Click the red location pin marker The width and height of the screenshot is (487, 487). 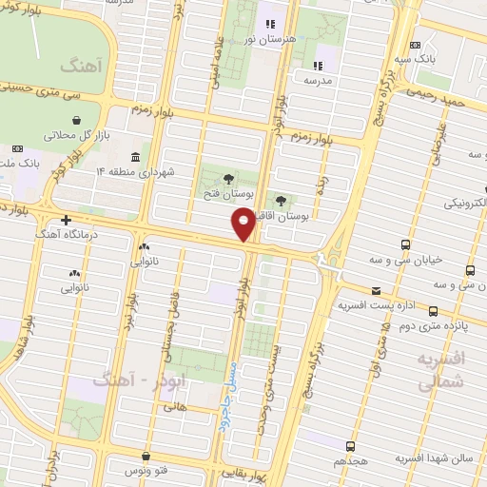click(243, 224)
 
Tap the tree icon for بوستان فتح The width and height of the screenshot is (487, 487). click(227, 178)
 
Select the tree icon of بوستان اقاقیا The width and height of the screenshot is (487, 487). click(282, 200)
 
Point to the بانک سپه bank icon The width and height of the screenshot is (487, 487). click(415, 45)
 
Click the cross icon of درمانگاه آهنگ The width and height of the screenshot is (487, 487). click(66, 221)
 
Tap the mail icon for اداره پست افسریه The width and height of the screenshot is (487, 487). click(378, 289)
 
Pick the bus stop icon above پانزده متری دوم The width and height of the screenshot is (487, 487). click(433, 310)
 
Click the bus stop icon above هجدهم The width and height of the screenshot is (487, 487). click(350, 445)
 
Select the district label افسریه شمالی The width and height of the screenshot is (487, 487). click(440, 368)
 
